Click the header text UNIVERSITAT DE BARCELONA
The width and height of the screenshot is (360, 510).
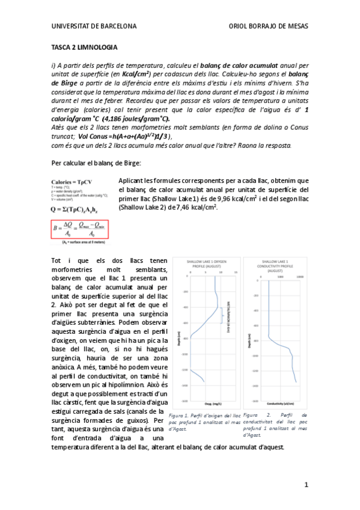[x=94, y=26]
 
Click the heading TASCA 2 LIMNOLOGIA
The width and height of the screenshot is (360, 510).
[x=84, y=47]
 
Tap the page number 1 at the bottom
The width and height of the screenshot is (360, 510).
[x=306, y=485]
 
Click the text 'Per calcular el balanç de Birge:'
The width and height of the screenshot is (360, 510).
[x=94, y=164]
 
